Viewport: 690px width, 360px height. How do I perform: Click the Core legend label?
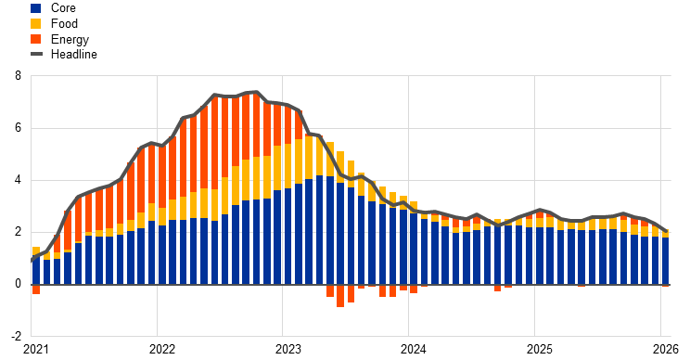(x=63, y=8)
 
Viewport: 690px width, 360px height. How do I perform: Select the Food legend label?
(x=64, y=23)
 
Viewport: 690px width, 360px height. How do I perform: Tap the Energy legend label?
(x=70, y=39)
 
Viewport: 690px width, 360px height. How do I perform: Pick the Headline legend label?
(x=74, y=54)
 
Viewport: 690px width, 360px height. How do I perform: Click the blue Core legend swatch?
(x=36, y=8)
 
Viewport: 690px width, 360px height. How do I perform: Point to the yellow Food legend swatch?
(x=36, y=23)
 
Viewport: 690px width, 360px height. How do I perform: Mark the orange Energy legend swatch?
(x=36, y=39)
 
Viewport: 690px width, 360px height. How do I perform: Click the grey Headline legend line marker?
(x=36, y=54)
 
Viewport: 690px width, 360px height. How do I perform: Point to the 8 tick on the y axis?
(x=18, y=76)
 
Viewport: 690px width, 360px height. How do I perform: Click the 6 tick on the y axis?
(x=18, y=128)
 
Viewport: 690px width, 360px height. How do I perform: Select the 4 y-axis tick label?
(x=18, y=180)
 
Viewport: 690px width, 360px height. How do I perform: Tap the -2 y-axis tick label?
(x=16, y=336)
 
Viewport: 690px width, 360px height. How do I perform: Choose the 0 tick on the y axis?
(x=18, y=284)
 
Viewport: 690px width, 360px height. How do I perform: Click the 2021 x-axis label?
(x=36, y=350)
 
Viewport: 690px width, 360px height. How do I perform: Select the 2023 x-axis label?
(x=287, y=350)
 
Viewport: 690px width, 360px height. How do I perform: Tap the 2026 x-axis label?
(x=666, y=350)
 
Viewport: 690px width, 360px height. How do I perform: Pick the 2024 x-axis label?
(x=414, y=350)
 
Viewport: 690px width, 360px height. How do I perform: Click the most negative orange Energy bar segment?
(x=340, y=296)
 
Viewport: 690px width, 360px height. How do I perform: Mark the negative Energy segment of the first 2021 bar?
(x=36, y=289)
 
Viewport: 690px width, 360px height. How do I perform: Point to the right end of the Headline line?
(x=666, y=230)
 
